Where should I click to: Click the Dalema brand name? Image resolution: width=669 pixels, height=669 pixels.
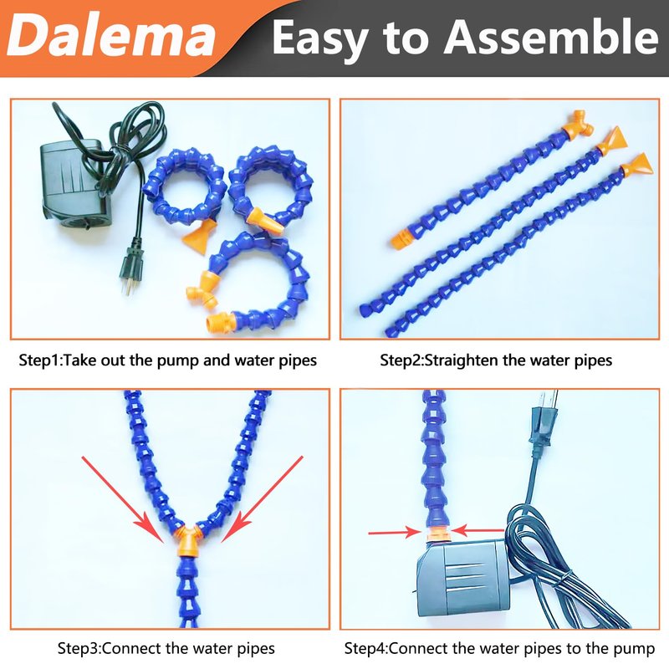point(111,36)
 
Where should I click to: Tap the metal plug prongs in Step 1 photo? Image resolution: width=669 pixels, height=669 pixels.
point(130,288)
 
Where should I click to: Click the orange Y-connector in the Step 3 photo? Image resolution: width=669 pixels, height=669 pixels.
point(186,541)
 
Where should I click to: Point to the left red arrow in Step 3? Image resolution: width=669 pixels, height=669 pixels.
point(123,499)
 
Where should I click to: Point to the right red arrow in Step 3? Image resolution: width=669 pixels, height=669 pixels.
point(262,499)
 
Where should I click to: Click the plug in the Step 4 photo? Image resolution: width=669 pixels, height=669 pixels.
point(542,420)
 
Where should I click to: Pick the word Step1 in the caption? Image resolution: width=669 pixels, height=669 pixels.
point(40,360)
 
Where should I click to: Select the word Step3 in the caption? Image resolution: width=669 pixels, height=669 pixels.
point(79,649)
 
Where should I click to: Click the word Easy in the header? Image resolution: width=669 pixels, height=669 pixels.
point(321,38)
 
